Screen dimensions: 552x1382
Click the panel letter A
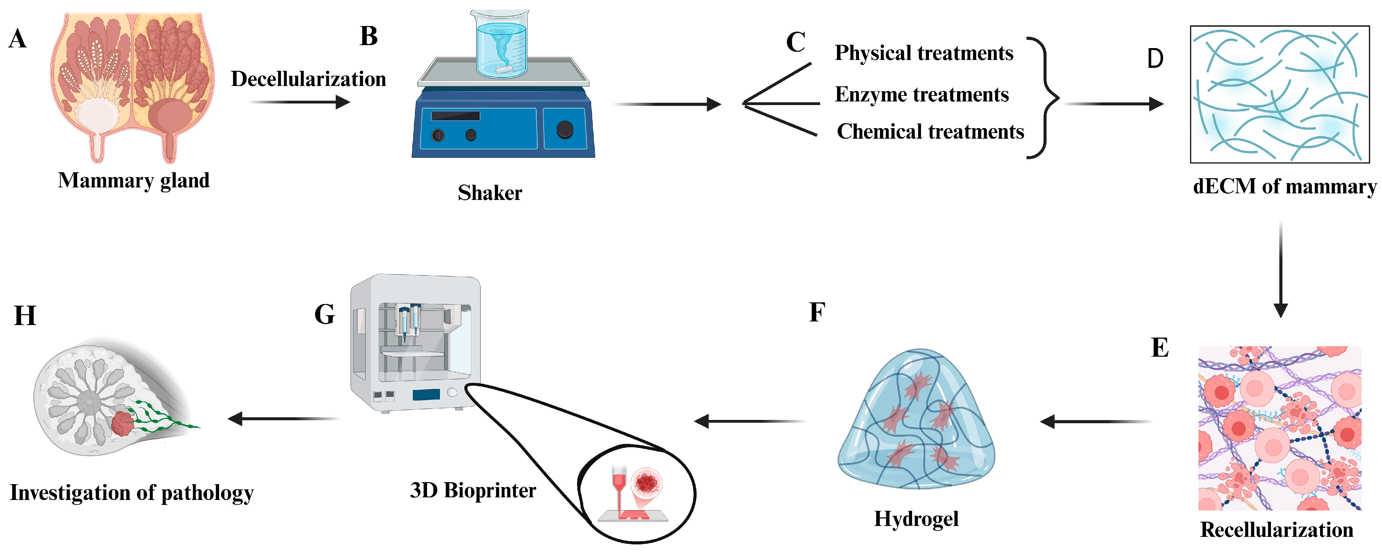coord(18,39)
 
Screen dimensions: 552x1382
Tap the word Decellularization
coord(308,79)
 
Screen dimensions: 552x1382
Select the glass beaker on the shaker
coord(500,44)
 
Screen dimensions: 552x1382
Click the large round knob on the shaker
coord(565,129)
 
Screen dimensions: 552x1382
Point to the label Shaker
coord(489,193)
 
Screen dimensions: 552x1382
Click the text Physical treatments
coord(924,53)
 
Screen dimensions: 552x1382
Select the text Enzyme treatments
coord(922,95)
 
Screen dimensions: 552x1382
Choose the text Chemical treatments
coord(930,131)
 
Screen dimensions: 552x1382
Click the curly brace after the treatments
coord(1044,97)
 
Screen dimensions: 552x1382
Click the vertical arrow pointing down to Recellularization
coord(1281,268)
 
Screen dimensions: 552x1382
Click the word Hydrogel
coord(916,519)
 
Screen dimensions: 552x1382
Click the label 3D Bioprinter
coord(473,490)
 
